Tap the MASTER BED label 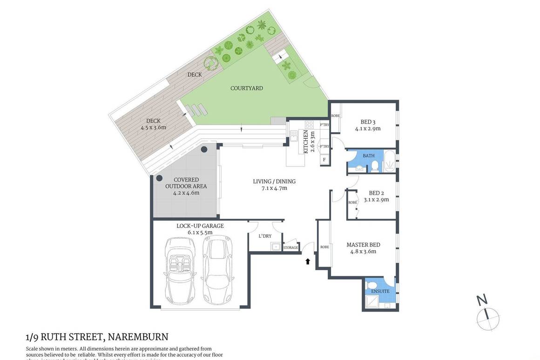point(363,245)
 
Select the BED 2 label point(376,193)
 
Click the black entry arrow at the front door point(307,261)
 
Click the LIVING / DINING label point(274,181)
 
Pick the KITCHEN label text point(306,141)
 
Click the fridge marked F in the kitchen point(324,160)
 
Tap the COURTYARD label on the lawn point(247,88)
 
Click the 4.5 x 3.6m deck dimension point(153,127)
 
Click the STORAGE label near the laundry point(290,247)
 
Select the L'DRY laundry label point(265,236)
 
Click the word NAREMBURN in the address point(139,336)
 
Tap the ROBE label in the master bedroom point(324,247)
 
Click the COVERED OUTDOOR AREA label point(186,183)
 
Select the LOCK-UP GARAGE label point(200,226)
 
